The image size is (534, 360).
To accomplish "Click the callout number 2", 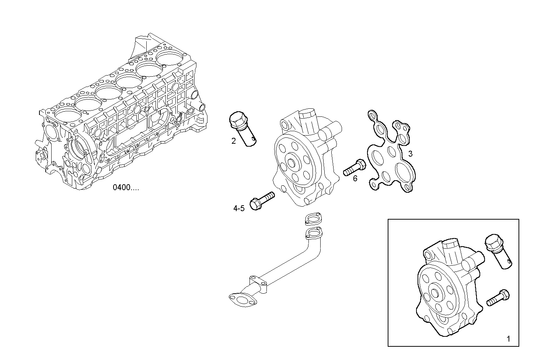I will coord(233,141).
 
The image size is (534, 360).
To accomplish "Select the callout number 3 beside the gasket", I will coord(410,154).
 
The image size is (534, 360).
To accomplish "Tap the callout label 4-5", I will coord(239,209).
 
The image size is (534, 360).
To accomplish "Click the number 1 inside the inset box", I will coord(509,339).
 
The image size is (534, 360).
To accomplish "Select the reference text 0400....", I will coord(126,188).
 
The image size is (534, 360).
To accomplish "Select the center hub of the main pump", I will coord(293,164).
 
